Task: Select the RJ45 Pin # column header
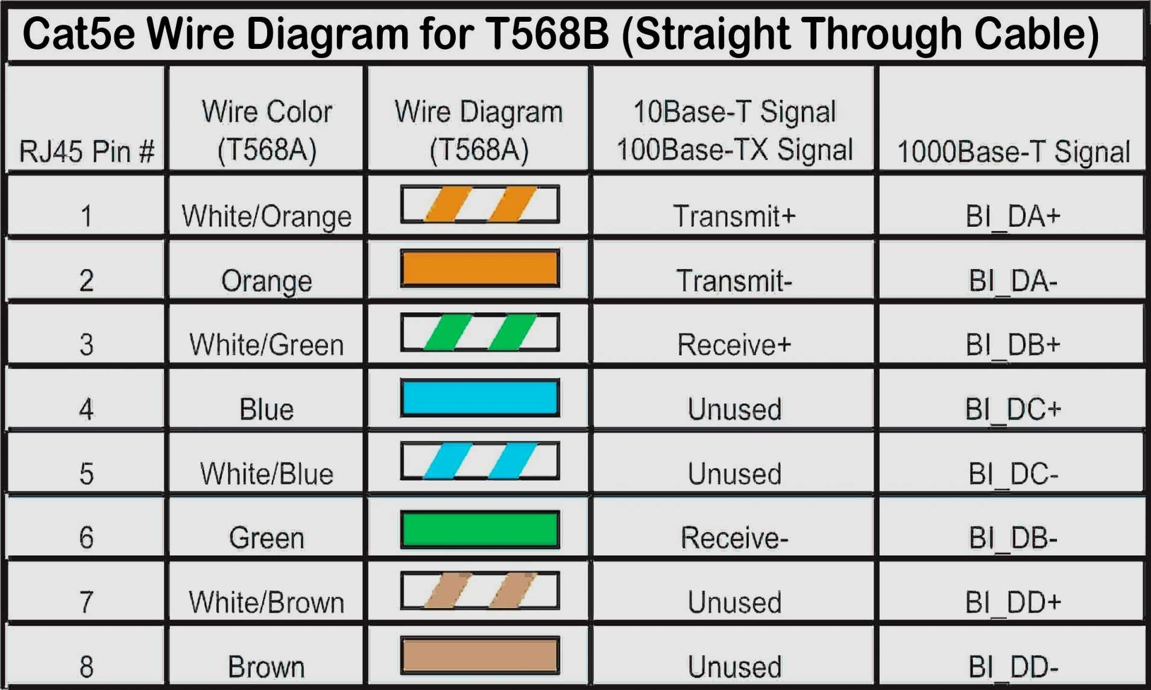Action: (x=86, y=151)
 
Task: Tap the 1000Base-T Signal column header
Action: (x=1013, y=151)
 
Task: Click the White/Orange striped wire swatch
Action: (x=480, y=204)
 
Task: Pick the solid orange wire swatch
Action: (x=480, y=268)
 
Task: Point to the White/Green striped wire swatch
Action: (x=480, y=332)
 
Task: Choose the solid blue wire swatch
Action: (x=480, y=397)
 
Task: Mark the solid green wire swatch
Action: (x=480, y=530)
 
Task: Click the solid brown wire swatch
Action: (x=480, y=655)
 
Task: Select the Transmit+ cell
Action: (x=734, y=216)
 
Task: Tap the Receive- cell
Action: (x=734, y=537)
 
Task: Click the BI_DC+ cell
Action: (x=1013, y=410)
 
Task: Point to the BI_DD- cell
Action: (x=1013, y=667)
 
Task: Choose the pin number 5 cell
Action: (x=86, y=473)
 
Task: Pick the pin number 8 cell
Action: (x=86, y=666)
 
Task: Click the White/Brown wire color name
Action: (x=266, y=602)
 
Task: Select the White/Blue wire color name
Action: (x=266, y=473)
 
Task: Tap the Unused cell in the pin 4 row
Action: (x=734, y=410)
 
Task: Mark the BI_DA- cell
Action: (x=1013, y=280)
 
